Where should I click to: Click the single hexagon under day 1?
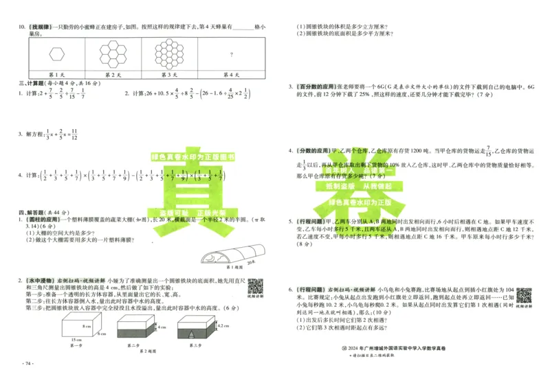tap(56, 54)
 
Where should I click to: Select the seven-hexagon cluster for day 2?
tap(113, 53)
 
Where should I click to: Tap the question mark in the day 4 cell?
tap(221, 54)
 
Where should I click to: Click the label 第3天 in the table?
tap(169, 74)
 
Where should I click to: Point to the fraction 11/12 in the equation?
tap(76, 136)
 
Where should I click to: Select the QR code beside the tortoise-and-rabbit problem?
tap(524, 297)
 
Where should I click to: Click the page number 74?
tap(27, 363)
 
